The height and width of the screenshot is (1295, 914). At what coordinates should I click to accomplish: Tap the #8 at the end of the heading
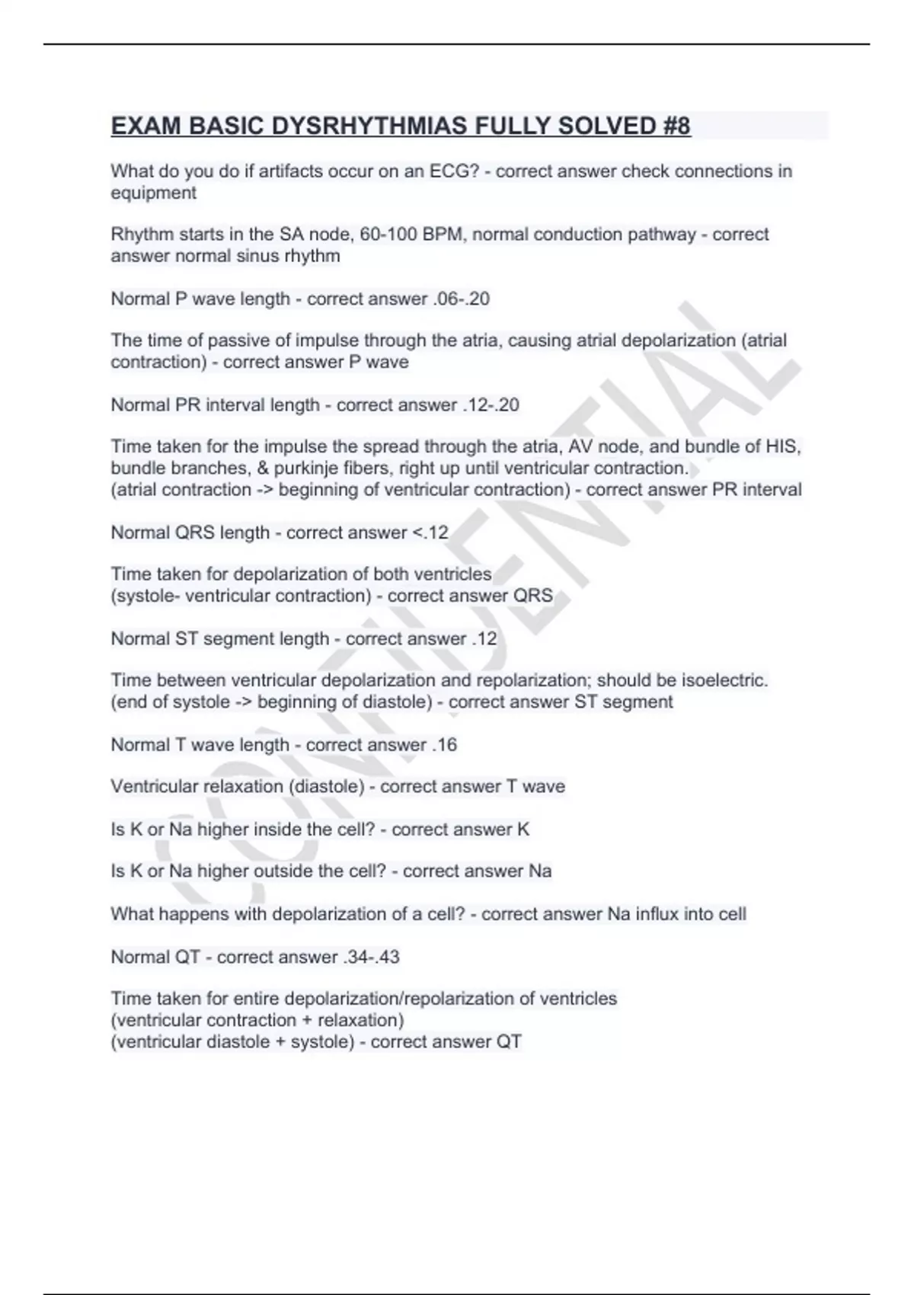tap(676, 126)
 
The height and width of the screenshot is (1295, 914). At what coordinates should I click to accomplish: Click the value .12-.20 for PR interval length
tap(491, 404)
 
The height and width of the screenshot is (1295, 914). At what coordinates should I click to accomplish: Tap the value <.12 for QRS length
tap(430, 532)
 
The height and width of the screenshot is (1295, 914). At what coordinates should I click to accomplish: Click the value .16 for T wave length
tap(444, 744)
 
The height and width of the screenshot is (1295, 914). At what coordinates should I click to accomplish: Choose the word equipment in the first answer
tap(153, 193)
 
